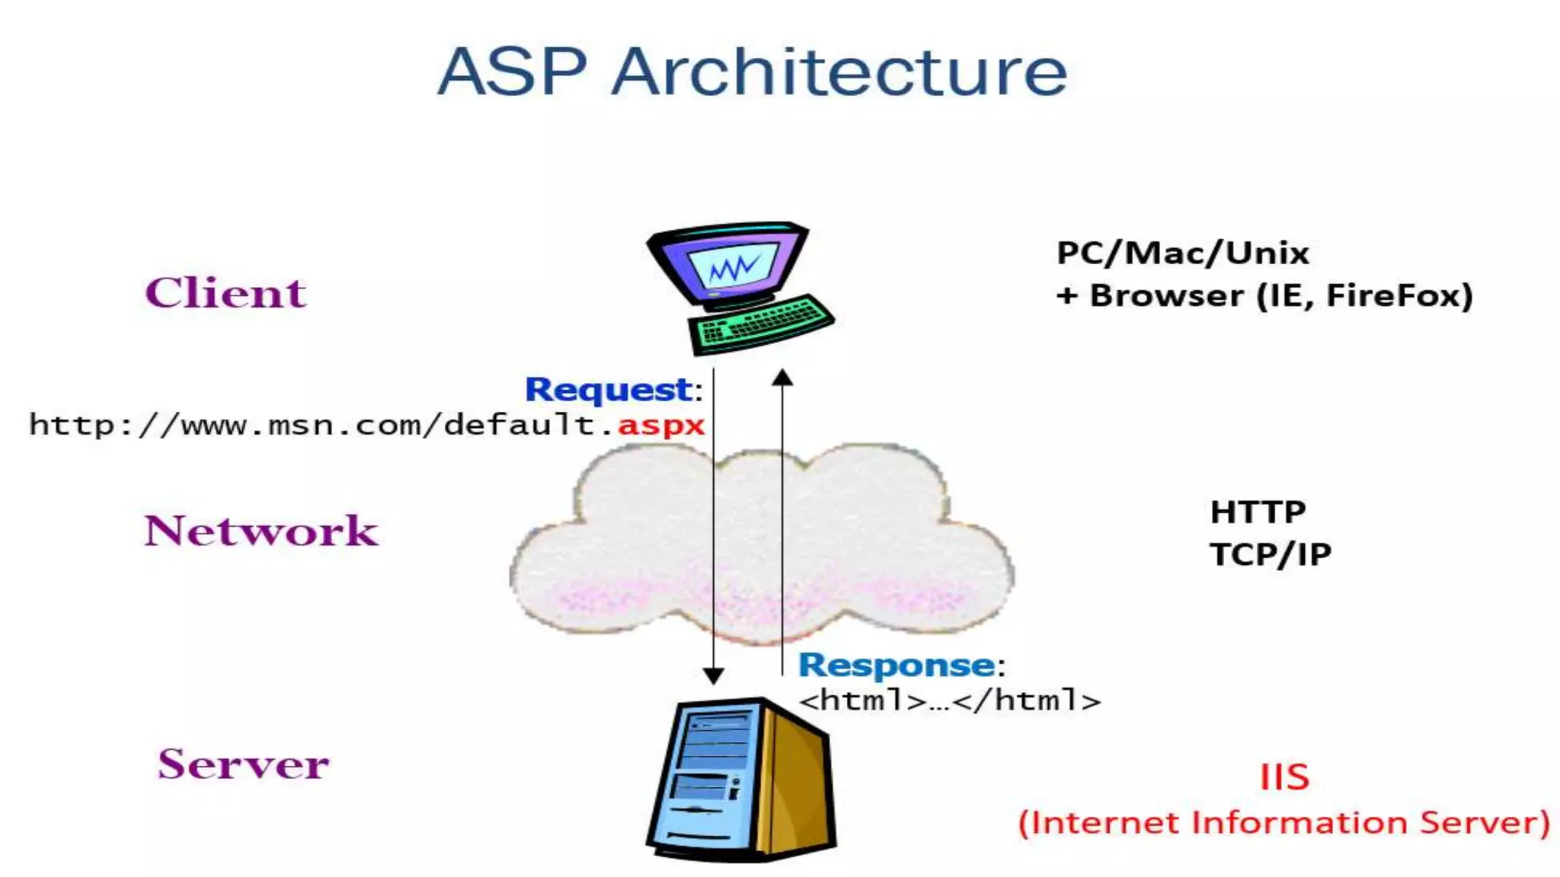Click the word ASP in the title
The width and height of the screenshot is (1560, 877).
pos(512,71)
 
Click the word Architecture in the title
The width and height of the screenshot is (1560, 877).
pos(839,71)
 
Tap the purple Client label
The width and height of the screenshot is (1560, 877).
pos(225,292)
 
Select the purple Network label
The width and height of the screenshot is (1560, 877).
pos(261,530)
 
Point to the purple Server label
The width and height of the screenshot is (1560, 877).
pos(244,764)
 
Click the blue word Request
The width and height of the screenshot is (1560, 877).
pos(609,389)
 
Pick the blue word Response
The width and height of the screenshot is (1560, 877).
pos(897,665)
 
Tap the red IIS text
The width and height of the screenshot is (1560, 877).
pos(1284,777)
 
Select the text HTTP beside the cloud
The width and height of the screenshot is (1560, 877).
pos(1258,512)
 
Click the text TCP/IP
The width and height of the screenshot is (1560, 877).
pos(1271,554)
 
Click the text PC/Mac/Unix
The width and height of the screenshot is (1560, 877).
pos(1183,253)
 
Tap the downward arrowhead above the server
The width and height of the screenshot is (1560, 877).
pos(713,675)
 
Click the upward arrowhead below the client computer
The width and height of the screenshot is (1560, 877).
pos(782,377)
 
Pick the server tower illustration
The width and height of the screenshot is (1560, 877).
pos(740,780)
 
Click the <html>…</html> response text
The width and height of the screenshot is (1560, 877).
pos(950,700)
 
